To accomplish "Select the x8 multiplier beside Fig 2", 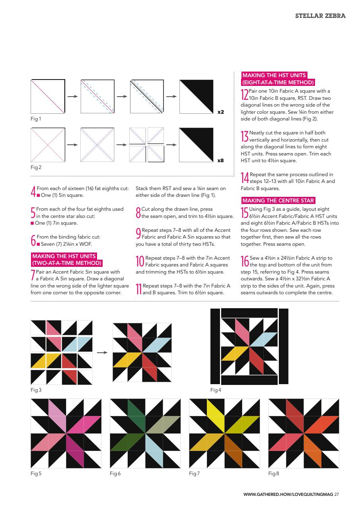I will (x=220, y=161).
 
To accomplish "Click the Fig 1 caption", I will (x=36, y=119).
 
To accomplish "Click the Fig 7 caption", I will (x=194, y=474).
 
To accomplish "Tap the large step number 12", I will (x=245, y=95).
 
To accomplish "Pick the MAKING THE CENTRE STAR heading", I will (x=278, y=200).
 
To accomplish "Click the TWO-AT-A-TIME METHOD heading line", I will (x=67, y=263).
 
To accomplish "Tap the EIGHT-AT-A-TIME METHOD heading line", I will (x=278, y=83).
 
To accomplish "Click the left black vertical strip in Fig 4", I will (x=215, y=346).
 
